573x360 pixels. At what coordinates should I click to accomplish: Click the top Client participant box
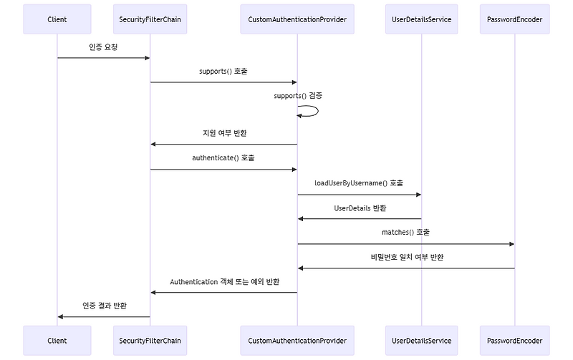[57, 19]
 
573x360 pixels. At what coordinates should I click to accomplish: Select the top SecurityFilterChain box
[150, 19]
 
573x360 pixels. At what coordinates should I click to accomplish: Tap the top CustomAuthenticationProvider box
[297, 19]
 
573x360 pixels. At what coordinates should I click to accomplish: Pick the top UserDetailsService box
[422, 19]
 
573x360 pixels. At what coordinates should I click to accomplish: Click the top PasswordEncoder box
[515, 19]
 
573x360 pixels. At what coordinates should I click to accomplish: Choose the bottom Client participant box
[57, 341]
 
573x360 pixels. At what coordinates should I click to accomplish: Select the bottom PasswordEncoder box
[515, 341]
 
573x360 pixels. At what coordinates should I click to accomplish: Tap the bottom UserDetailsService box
[422, 341]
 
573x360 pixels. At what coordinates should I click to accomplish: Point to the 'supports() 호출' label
[223, 72]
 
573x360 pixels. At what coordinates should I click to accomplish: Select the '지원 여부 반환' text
[223, 133]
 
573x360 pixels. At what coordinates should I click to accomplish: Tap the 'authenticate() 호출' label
[223, 157]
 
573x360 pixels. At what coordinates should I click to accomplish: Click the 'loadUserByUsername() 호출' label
[359, 183]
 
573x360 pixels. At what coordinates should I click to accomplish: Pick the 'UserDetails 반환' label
[360, 208]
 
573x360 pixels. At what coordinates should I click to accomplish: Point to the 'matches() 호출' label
[405, 232]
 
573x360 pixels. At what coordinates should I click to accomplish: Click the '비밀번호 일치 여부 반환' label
[406, 256]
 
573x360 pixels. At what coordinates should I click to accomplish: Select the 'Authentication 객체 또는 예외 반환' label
[224, 281]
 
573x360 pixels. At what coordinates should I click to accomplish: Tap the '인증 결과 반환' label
[105, 306]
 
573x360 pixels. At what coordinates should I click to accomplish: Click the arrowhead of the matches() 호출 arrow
[511, 244]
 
